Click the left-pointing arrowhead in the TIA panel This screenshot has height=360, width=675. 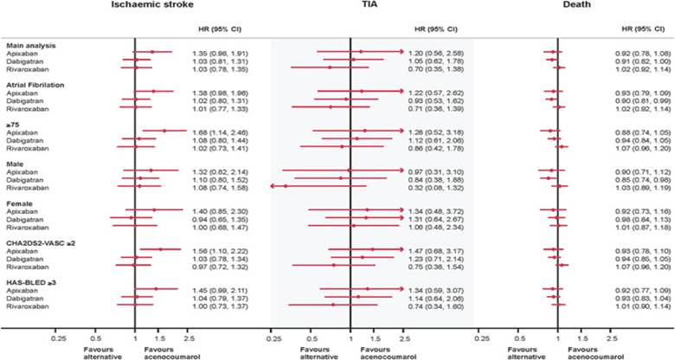coord(273,186)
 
